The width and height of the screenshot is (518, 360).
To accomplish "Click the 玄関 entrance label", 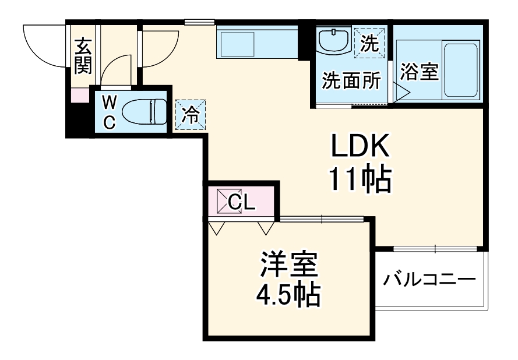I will [83, 56].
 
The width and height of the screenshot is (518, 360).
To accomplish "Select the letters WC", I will [108, 112].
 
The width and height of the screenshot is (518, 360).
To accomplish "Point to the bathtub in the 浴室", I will [461, 70].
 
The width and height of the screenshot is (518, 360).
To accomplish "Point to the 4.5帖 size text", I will [288, 296].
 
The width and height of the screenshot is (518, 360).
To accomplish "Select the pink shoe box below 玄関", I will [79, 95].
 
